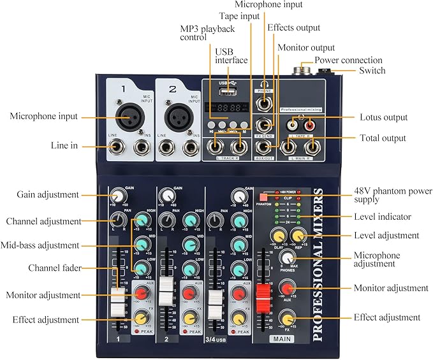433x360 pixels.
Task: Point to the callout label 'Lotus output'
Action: [x=383, y=118]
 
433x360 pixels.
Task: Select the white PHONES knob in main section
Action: [x=288, y=258]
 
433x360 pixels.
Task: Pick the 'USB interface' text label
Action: [x=231, y=56]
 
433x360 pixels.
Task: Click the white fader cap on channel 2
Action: [x=166, y=290]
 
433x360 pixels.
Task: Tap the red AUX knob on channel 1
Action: [x=142, y=293]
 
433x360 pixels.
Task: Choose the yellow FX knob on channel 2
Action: [x=190, y=317]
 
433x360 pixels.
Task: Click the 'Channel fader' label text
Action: [x=54, y=268]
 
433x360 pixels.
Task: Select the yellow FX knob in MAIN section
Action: [x=288, y=319]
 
